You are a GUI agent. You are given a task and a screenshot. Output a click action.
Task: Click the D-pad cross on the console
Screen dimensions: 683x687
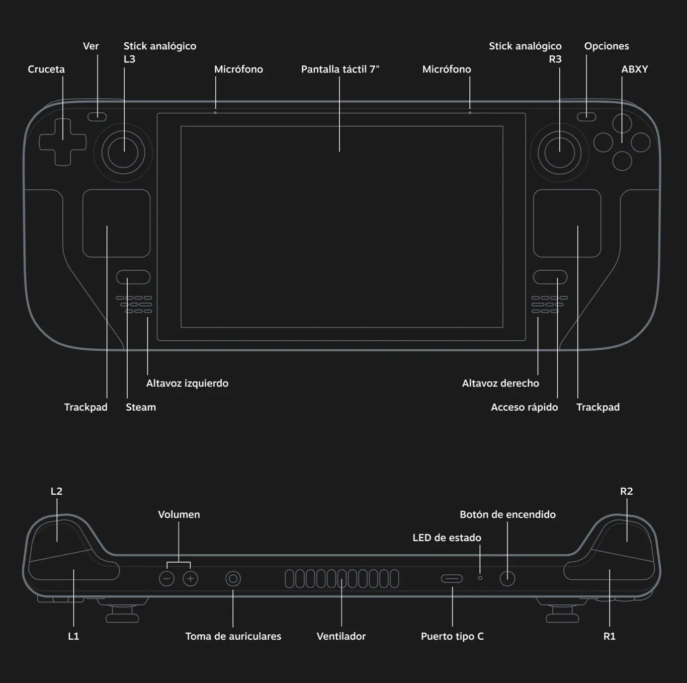[x=63, y=142]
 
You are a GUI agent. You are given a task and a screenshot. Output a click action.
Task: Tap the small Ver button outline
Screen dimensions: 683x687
[x=97, y=117]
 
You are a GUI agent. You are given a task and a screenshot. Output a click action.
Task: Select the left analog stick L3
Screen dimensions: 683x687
[x=123, y=153]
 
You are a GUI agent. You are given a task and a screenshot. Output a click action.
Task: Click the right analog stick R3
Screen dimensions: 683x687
[x=559, y=153]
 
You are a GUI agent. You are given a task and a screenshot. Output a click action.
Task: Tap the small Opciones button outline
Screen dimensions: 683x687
[x=586, y=117]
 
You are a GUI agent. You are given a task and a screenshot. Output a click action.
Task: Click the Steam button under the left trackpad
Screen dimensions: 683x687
[x=133, y=277]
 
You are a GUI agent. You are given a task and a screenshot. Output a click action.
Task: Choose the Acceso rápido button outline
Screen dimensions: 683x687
[x=550, y=277]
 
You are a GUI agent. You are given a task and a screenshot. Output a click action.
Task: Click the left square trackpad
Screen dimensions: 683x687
[x=116, y=223]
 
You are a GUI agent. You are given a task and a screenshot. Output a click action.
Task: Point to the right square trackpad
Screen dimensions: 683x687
[x=567, y=223]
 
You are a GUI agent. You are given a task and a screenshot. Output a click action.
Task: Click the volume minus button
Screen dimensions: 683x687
[x=166, y=579]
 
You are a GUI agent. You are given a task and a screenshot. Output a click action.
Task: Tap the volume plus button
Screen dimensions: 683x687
[x=190, y=579]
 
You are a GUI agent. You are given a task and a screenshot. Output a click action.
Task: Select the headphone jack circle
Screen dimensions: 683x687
[x=233, y=579]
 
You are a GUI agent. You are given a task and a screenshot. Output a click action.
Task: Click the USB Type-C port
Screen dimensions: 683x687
[x=452, y=579]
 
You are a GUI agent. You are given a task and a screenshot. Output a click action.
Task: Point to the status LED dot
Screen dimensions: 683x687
[x=480, y=578]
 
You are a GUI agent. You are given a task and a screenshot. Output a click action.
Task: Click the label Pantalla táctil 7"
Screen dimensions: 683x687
[x=340, y=69]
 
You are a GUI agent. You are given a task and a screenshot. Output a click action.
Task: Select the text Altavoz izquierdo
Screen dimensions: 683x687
[x=187, y=384]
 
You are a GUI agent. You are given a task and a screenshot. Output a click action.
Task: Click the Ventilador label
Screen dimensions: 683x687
[x=341, y=636]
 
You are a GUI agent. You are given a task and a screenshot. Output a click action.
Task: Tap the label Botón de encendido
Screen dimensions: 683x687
[x=507, y=514]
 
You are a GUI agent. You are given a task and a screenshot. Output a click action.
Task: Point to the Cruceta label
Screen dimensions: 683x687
[x=46, y=69]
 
